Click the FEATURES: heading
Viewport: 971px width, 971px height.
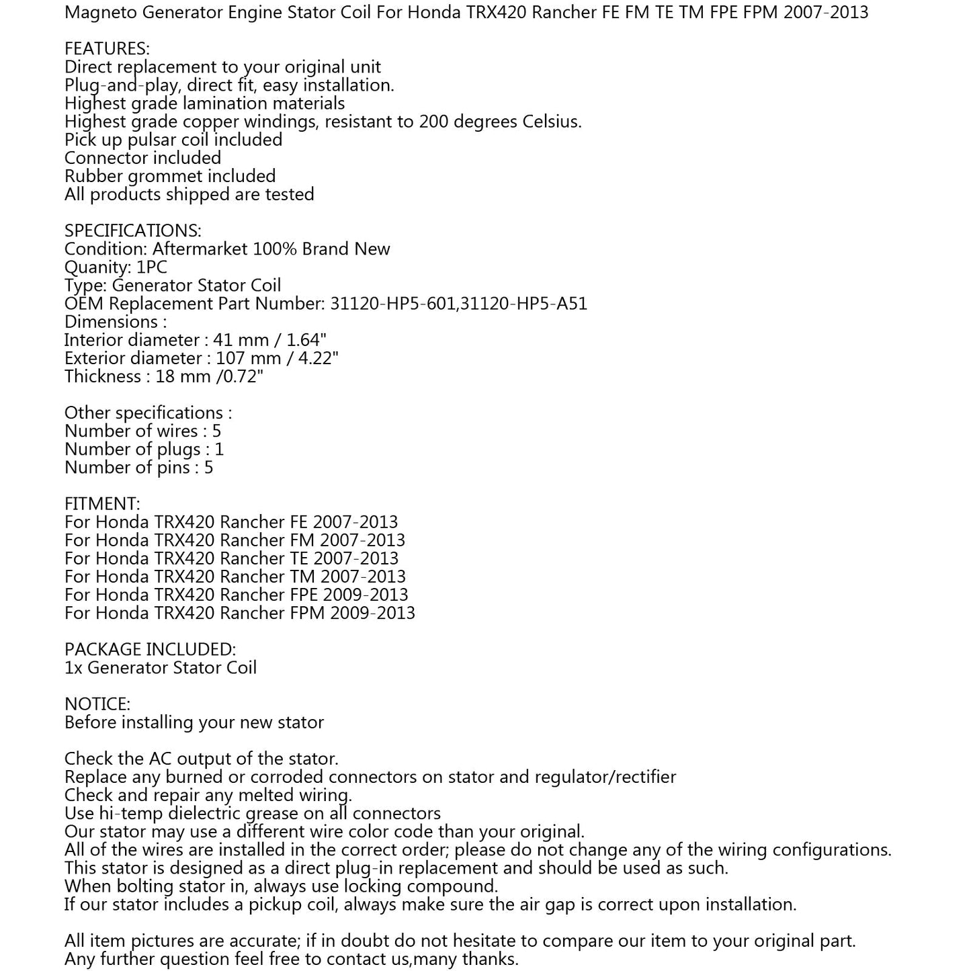coord(107,49)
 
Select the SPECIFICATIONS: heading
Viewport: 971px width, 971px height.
coord(132,231)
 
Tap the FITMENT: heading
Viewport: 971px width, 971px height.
coord(102,504)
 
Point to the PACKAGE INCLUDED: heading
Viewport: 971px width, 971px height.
coord(150,650)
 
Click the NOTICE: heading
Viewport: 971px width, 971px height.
coord(97,704)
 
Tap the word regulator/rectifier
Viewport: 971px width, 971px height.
coord(605,777)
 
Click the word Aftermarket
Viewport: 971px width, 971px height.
coord(200,249)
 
